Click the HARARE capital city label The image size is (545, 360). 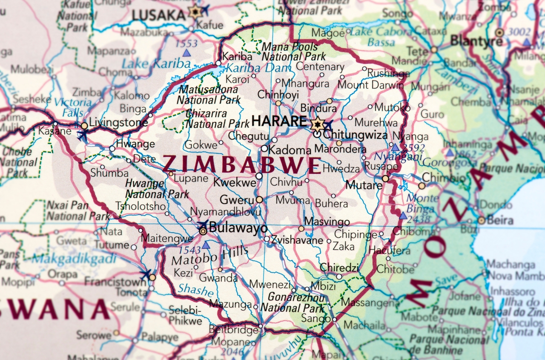tap(279, 121)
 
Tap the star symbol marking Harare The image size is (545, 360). tap(317, 124)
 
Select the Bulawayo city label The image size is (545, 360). tap(238, 228)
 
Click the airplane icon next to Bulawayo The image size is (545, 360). tap(203, 224)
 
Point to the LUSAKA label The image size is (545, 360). tap(158, 15)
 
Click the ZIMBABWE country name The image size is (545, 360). tap(242, 165)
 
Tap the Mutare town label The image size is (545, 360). tap(364, 185)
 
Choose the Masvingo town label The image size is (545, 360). tap(327, 222)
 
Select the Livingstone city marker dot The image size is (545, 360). tap(84, 126)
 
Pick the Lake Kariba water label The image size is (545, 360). tap(156, 64)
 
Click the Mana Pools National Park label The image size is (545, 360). tap(293, 52)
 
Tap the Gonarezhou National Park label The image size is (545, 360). tap(293, 302)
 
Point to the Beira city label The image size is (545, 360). tap(500, 221)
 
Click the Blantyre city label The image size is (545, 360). tap(476, 41)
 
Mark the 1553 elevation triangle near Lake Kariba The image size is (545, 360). tap(186, 53)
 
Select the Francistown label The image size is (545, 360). tap(115, 282)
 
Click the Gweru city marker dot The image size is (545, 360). tap(259, 199)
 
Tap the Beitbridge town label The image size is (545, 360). tap(233, 329)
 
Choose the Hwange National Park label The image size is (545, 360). tap(157, 189)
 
